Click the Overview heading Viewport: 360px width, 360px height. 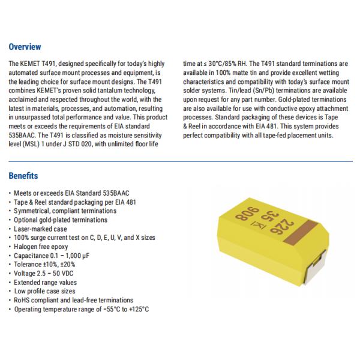click(25, 47)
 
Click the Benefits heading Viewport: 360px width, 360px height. click(24, 176)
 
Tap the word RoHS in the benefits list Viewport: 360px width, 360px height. click(22, 300)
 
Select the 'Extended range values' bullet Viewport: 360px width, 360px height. click(43, 283)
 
